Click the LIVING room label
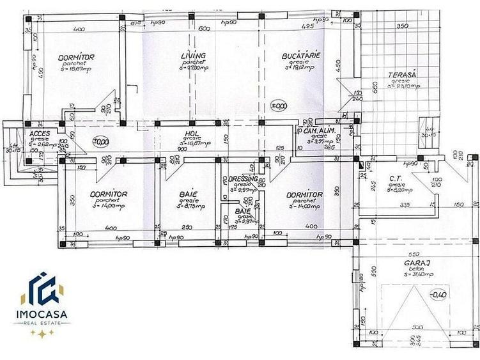click(193, 56)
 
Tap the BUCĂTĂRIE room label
click(300, 56)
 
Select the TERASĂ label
click(402, 75)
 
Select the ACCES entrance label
click(40, 134)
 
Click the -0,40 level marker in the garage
click(438, 295)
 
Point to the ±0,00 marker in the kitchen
click(279, 106)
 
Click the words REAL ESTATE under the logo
click(42, 324)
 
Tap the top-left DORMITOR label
click(76, 58)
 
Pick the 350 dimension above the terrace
click(401, 27)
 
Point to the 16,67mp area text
click(77, 68)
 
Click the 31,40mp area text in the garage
click(419, 274)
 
